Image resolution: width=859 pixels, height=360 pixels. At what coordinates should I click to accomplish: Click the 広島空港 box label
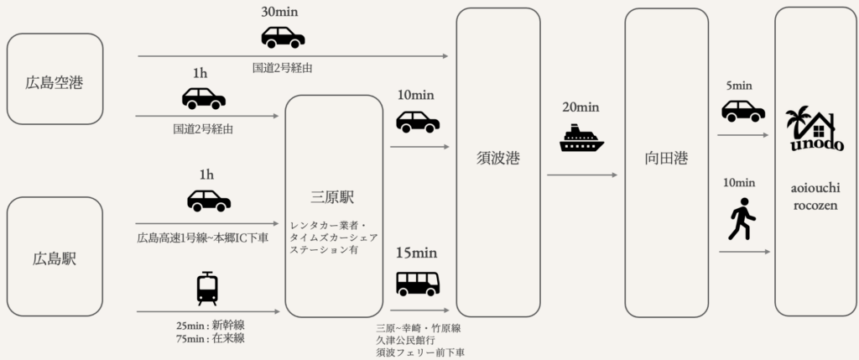55,82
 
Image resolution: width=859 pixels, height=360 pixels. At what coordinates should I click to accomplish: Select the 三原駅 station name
332,198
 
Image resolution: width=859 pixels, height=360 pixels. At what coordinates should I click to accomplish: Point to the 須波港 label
497,158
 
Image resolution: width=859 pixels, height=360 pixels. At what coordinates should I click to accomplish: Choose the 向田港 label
666,159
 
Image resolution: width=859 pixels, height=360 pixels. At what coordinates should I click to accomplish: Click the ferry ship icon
581,139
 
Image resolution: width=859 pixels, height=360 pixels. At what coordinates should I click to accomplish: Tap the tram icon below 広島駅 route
207,288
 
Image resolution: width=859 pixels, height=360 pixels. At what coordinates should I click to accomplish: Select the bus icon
417,284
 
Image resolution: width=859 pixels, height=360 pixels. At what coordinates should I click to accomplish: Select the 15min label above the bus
417,253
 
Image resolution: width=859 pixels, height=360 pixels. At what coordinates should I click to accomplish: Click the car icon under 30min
283,38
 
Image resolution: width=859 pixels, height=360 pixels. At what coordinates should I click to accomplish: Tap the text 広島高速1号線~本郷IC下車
203,238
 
